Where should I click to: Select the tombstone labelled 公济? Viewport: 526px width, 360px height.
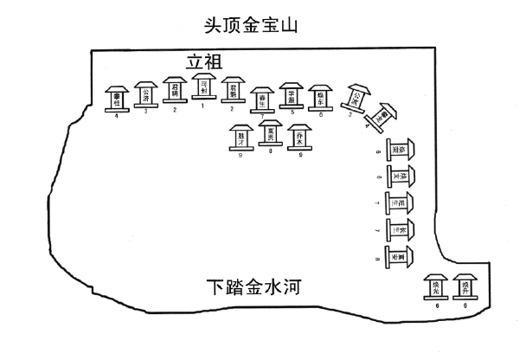[x=145, y=94]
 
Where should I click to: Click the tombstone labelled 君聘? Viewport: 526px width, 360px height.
[x=175, y=90]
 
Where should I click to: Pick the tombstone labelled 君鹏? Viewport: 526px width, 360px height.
[x=231, y=90]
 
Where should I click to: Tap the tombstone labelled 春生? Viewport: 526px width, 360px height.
[x=261, y=100]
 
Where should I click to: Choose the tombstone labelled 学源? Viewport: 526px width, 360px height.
[x=292, y=95]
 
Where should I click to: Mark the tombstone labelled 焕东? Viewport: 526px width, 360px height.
[x=321, y=96]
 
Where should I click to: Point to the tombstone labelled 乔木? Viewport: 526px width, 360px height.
[x=299, y=137]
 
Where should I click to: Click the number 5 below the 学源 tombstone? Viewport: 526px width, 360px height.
[x=292, y=112]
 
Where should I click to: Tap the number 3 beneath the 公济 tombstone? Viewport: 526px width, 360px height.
[x=145, y=112]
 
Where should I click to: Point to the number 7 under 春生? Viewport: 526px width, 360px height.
[x=261, y=116]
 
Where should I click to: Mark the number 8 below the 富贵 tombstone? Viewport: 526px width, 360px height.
[x=271, y=151]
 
